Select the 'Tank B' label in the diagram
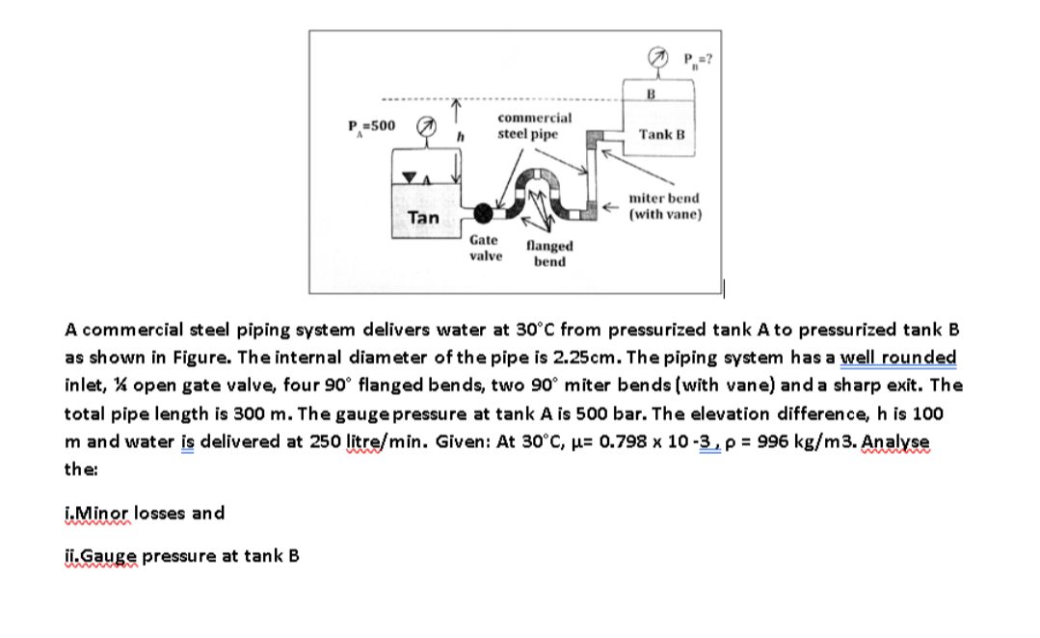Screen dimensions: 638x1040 click(x=661, y=134)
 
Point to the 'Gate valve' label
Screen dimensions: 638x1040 click(x=485, y=248)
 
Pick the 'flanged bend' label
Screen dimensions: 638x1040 click(x=549, y=254)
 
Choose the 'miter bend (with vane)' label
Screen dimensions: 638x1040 click(x=664, y=205)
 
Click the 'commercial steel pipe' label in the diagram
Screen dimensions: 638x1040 click(x=534, y=125)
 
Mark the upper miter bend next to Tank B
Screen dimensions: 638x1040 click(x=595, y=136)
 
